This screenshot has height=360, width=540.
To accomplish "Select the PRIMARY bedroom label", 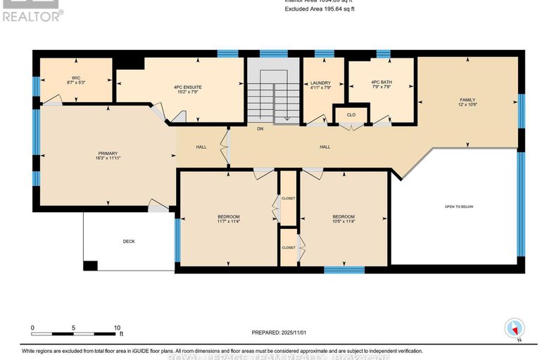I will point(107,156).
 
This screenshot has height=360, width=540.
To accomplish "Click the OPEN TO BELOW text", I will point(458,206).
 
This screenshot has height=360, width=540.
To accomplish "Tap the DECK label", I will point(129,241).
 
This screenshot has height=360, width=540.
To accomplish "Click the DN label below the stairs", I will point(260,129).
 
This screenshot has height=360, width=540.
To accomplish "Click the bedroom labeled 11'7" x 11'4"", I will point(228,219).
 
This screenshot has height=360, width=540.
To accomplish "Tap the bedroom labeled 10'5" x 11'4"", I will point(343,219).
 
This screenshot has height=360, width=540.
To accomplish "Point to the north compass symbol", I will point(515,328).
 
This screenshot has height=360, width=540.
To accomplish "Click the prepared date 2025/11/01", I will point(280,332).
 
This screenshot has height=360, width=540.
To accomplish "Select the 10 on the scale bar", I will point(118,328).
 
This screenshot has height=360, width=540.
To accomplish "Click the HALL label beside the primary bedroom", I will point(201,147).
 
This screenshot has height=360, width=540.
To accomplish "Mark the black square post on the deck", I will point(90,266).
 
